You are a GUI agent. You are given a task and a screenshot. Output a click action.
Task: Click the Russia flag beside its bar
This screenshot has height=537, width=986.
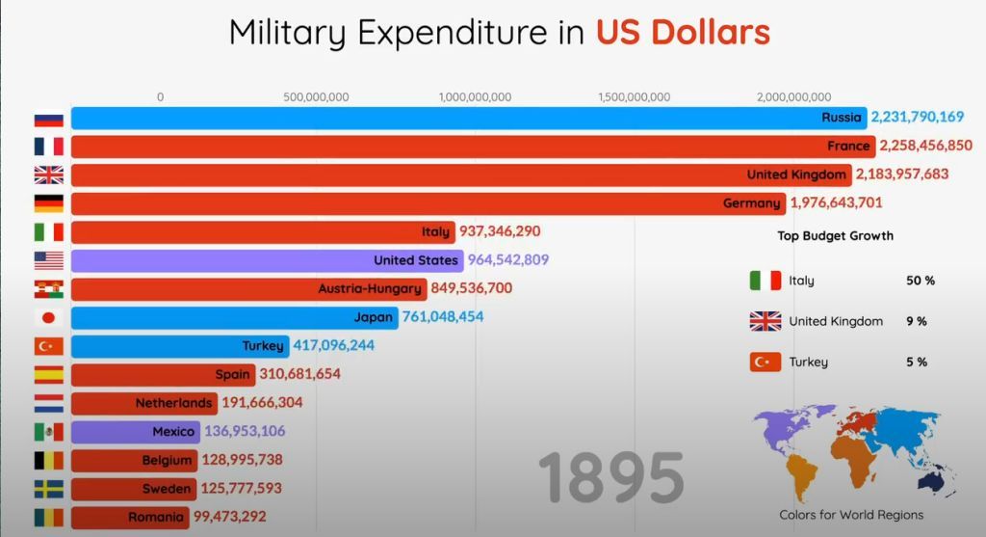pyautogui.click(x=48, y=119)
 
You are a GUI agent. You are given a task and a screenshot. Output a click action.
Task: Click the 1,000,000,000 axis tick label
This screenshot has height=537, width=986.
pyautogui.click(x=475, y=96)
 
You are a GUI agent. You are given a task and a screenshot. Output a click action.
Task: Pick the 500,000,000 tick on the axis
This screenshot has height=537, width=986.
pyautogui.click(x=316, y=96)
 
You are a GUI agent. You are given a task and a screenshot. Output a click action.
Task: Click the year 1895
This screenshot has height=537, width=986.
pyautogui.click(x=610, y=477)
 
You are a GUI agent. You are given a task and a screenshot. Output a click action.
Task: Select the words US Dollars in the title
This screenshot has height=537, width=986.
pyautogui.click(x=683, y=33)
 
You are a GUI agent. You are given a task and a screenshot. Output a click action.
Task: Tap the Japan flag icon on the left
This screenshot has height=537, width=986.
pyautogui.click(x=48, y=317)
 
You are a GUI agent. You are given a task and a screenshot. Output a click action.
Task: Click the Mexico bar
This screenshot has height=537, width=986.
pyautogui.click(x=135, y=432)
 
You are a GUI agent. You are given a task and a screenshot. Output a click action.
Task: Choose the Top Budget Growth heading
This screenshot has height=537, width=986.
pyautogui.click(x=835, y=236)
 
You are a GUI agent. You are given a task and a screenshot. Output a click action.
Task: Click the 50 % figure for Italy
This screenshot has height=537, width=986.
pyautogui.click(x=921, y=281)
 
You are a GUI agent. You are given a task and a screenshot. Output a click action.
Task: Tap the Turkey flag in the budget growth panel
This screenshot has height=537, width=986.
pyautogui.click(x=765, y=362)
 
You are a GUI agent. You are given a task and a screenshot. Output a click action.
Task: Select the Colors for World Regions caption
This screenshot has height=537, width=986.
pyautogui.click(x=851, y=515)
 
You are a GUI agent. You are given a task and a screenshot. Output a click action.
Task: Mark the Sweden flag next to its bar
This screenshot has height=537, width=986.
pyautogui.click(x=48, y=489)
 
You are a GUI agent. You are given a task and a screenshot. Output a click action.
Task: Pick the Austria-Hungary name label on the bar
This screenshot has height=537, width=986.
pyautogui.click(x=370, y=289)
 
